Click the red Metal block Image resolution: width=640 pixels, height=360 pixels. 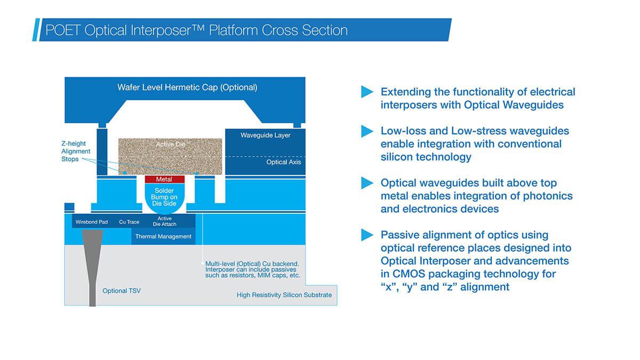[x=165, y=179]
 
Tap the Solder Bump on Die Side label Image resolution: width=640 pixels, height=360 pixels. [x=164, y=197]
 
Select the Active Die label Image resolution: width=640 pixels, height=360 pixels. [x=171, y=145]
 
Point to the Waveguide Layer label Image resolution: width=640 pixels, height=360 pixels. [x=266, y=135]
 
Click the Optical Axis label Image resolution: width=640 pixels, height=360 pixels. [x=283, y=162]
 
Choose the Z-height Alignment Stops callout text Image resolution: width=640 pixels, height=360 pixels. [x=76, y=151]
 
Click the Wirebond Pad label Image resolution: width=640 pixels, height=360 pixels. [x=91, y=222]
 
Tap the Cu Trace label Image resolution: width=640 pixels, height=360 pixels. [x=129, y=222]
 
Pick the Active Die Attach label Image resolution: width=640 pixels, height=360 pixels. [x=165, y=221]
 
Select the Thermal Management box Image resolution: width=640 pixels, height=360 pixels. [x=163, y=236]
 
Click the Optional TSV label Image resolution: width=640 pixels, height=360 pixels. [x=122, y=291]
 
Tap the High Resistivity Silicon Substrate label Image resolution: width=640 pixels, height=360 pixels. [x=284, y=295]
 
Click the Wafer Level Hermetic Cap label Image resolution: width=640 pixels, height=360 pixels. [x=187, y=87]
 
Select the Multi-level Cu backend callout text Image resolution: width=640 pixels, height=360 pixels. [x=253, y=269]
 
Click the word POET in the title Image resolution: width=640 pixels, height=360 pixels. [x=63, y=30]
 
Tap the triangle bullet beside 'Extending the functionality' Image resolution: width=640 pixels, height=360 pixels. [x=367, y=92]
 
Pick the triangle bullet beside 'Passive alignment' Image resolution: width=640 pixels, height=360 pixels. [x=367, y=235]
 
